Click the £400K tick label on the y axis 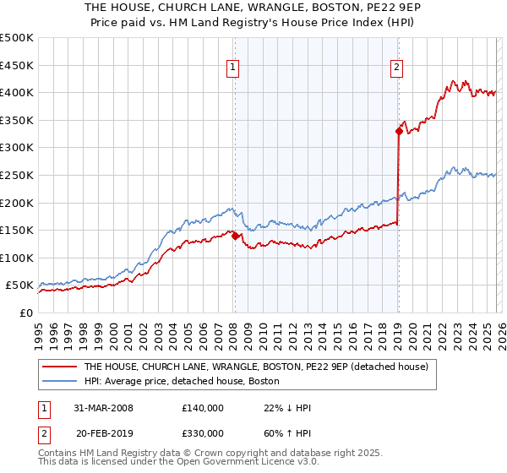pyautogui.click(x=17, y=92)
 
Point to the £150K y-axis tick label pyautogui.click(x=17, y=230)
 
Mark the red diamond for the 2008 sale pyautogui.click(x=235, y=236)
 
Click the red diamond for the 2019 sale pyautogui.click(x=398, y=131)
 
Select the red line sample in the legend pyautogui.click(x=58, y=367)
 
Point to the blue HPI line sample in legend pyautogui.click(x=58, y=382)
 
